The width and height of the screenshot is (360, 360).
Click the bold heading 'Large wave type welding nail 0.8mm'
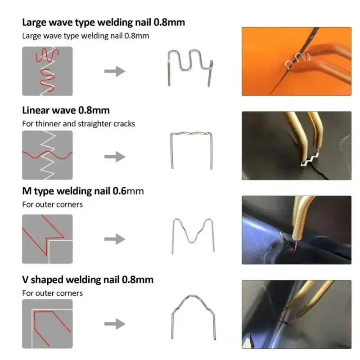pos(103,22)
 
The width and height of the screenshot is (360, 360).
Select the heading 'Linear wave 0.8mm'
pos(66,110)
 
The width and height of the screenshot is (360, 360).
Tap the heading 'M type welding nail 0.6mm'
pos(83,191)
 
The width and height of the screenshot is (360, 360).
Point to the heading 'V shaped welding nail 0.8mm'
pos(88,279)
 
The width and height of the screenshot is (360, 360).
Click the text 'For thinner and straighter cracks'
pos(78,123)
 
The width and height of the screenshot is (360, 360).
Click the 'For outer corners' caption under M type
pos(53,204)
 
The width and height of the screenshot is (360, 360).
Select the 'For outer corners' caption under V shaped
pos(53,293)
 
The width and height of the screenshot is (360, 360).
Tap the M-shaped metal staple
pos(193,234)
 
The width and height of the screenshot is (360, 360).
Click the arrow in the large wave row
pos(115,71)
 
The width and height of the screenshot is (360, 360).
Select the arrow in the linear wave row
pos(115,157)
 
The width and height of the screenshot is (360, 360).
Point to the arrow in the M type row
pos(115,239)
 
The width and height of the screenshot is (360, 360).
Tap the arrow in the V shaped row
pos(115,323)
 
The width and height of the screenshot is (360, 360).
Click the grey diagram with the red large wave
pos(47,71)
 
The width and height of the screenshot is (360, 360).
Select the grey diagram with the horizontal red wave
pos(47,155)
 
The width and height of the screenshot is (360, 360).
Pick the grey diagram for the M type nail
pos(47,239)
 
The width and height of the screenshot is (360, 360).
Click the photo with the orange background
pos(296,61)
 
